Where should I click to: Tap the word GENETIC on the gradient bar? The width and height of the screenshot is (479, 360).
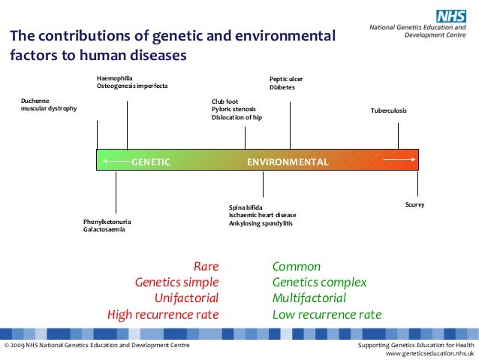pos(151,162)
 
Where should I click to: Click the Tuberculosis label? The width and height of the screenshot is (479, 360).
pos(389,110)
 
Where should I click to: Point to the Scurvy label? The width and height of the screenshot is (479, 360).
pos(414,204)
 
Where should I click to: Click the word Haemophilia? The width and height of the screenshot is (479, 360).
pos(114,78)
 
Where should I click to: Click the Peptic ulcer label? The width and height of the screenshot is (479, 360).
pos(286,79)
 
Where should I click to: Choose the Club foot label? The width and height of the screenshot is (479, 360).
pos(225,101)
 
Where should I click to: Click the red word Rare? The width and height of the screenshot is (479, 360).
pos(206,266)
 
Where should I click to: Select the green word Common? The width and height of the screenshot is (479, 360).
pos(296,266)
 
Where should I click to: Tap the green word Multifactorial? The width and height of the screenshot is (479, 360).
pos(309,298)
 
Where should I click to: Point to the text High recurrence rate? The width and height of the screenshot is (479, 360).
pos(163,314)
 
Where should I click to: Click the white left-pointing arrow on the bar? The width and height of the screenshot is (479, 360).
pos(116,161)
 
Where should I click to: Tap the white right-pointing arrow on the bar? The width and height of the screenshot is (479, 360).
pos(398,159)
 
